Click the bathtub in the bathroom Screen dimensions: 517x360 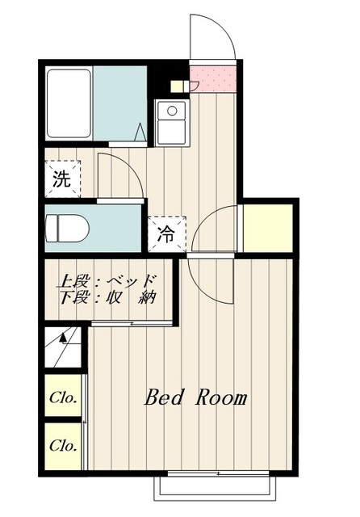(x=68, y=103)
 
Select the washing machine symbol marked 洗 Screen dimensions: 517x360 (x=61, y=180)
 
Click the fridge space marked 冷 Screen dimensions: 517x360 (x=165, y=235)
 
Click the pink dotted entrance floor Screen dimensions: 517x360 (x=214, y=79)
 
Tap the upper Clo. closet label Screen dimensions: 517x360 (x=62, y=397)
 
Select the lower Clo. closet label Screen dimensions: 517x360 (x=62, y=445)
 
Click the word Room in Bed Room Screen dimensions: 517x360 (x=220, y=397)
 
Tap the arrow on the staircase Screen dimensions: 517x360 (x=63, y=340)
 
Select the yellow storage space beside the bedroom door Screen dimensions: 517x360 (x=268, y=227)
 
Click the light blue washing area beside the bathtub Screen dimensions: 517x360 (x=119, y=103)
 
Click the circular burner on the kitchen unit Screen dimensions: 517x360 (x=170, y=111)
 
